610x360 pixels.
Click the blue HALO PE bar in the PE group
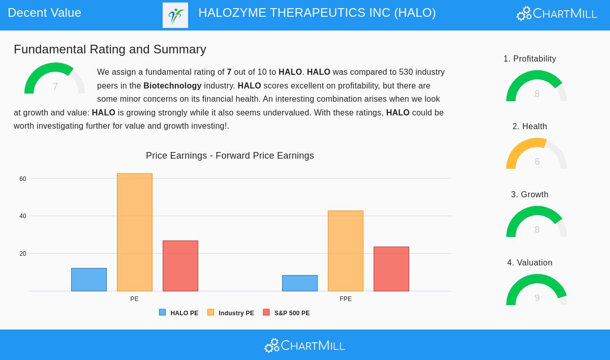pos(89,280)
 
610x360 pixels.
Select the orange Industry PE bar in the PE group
pos(135,232)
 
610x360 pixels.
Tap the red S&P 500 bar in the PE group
pos(180,266)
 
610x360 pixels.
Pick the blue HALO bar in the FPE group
pos(300,283)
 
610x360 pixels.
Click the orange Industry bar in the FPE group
pos(346,251)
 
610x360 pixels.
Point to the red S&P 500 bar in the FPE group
pos(391,269)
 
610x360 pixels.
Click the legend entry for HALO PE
pos(179,313)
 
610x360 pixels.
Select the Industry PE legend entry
pos(231,313)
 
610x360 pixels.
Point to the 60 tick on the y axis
pos(23,179)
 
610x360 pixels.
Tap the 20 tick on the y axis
pos(23,254)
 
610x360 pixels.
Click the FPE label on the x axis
pos(346,299)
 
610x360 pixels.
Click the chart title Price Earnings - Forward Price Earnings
pos(230,156)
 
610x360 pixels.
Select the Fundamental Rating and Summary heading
pos(110,49)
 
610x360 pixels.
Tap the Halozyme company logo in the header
pos(175,15)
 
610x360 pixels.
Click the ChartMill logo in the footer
pos(304,346)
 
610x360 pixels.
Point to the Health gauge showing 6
pos(537,154)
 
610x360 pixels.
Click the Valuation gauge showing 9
pos(537,290)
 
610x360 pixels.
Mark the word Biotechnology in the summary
pos(172,86)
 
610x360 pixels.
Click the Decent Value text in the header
pos(45,13)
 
